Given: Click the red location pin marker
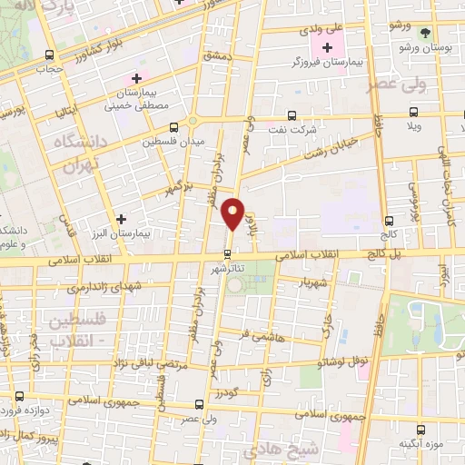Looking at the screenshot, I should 234,213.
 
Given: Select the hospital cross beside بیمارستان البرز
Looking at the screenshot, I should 122,218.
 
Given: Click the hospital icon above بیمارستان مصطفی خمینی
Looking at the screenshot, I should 136,78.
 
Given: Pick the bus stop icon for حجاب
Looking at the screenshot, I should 45,54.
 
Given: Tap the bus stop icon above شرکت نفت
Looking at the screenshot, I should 291,116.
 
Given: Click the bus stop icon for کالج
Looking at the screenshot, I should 390,221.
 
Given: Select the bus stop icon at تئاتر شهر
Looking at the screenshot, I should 228,253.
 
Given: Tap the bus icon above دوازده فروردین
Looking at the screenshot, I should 20,397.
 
